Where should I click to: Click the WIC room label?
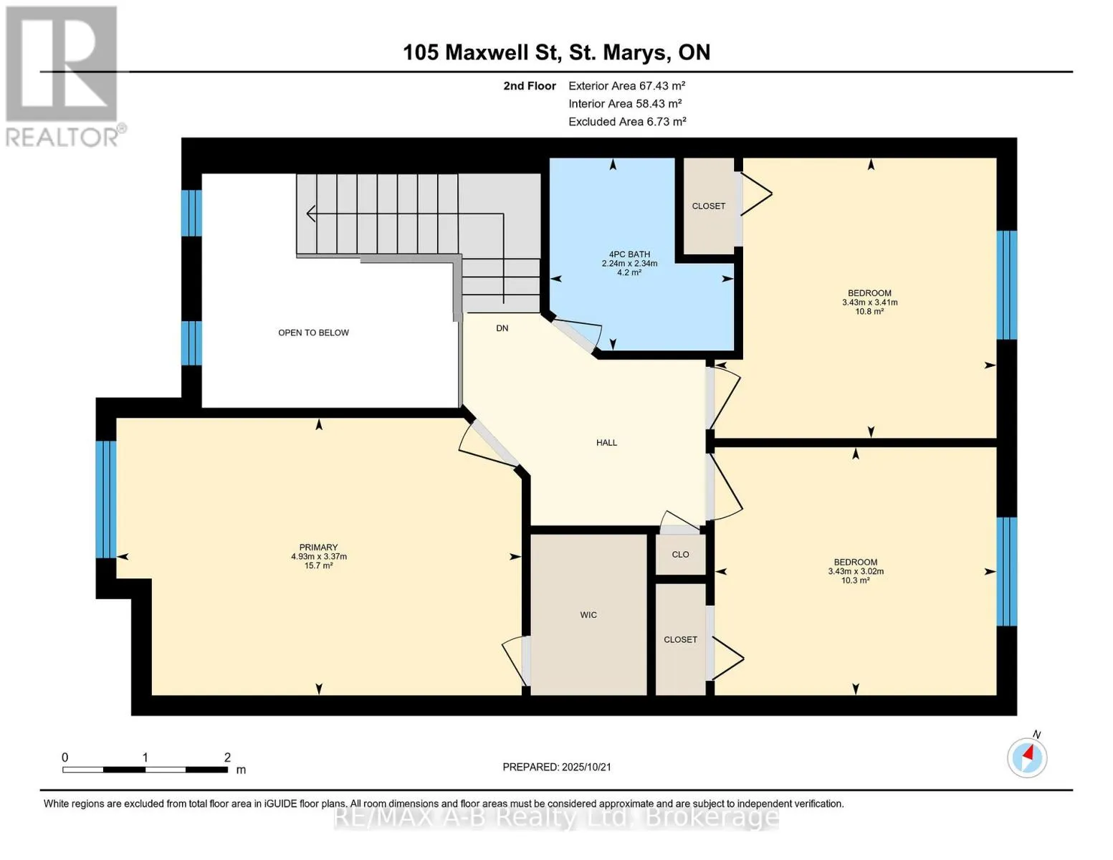[588, 615]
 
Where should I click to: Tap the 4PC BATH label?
[629, 254]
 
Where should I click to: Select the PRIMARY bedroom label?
[319, 547]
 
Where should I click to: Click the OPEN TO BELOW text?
[313, 333]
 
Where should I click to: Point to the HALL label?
[606, 443]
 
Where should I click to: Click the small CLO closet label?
[680, 554]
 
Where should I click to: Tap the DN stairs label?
[502, 328]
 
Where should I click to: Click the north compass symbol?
[1027, 757]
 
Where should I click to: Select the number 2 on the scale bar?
[227, 757]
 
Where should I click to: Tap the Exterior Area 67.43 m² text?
[627, 85]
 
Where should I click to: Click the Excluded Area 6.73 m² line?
[627, 121]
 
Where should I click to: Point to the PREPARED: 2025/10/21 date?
[557, 767]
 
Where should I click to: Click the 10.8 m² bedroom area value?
[870, 312]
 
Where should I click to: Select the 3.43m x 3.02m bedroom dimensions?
[856, 571]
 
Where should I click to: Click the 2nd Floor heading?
[530, 86]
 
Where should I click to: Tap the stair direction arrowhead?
[310, 213]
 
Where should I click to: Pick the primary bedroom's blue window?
[106, 500]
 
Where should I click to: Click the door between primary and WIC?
[515, 661]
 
